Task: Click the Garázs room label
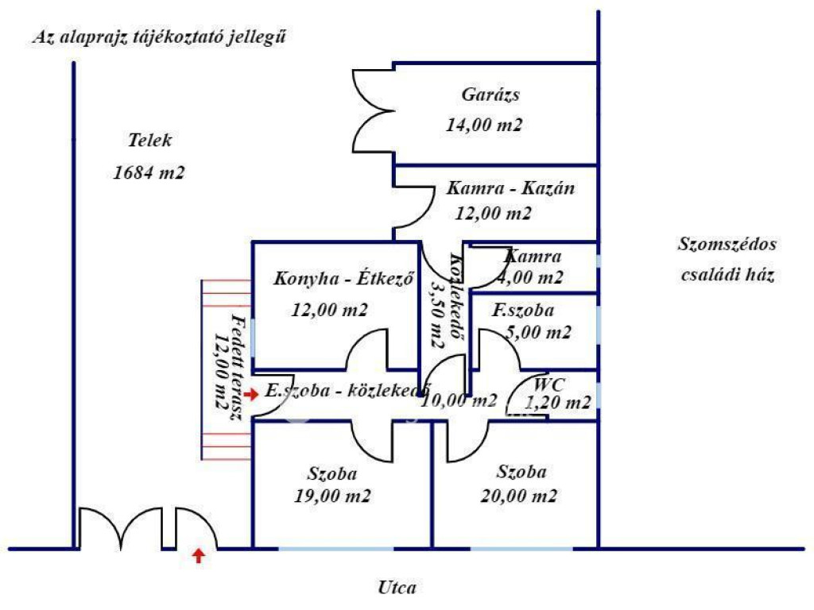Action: [x=490, y=95]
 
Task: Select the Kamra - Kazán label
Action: [x=510, y=189]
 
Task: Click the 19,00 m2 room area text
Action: [x=332, y=496]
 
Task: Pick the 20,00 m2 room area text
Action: [x=518, y=496]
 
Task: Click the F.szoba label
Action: [x=522, y=311]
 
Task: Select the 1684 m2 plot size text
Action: [x=149, y=172]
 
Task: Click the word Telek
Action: [x=149, y=141]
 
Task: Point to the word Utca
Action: [x=397, y=589]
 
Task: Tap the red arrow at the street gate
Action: [x=199, y=556]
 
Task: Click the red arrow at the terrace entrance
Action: [x=251, y=394]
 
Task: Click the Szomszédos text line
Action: [x=727, y=245]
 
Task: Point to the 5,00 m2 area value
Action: [x=538, y=333]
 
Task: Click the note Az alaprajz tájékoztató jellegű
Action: [x=160, y=37]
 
